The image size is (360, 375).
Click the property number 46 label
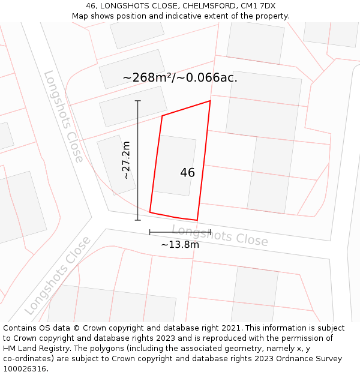tap(187, 173)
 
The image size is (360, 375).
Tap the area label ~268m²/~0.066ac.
tap(180, 77)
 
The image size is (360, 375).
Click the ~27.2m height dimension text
tap(126, 160)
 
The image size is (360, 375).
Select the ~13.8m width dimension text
tap(180, 244)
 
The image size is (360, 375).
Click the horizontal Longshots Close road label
tap(220, 235)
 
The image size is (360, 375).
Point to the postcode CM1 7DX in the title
tap(259, 6)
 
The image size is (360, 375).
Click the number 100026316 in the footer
tap(25, 369)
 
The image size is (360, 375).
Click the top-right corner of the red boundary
tap(210, 101)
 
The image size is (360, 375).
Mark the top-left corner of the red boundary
tap(162, 116)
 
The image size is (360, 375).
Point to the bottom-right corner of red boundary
tap(197, 220)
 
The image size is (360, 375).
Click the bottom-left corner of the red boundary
tap(150, 212)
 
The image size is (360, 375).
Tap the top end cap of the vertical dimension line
tap(138, 101)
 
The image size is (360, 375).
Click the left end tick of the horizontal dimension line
tap(150, 232)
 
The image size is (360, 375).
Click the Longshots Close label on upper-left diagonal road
tap(63, 116)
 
